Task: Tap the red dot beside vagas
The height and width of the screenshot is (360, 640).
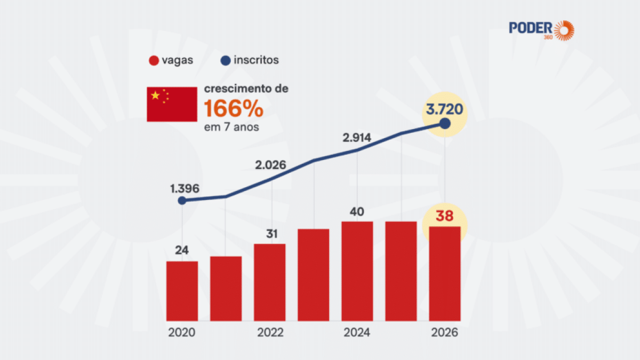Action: click(153, 60)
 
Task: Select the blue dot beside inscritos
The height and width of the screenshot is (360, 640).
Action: click(225, 60)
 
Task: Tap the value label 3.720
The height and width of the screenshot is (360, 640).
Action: click(444, 110)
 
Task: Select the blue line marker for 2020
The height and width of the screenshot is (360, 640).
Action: click(182, 201)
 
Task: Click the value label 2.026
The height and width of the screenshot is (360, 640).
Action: click(271, 165)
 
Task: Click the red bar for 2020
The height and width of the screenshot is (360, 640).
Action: click(182, 291)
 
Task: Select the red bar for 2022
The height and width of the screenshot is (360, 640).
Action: click(270, 283)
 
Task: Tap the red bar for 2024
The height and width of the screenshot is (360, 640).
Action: click(357, 271)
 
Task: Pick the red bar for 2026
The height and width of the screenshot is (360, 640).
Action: click(445, 274)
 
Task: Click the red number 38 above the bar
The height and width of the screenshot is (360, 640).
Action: click(444, 217)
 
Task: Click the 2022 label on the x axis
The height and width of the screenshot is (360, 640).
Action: click(270, 333)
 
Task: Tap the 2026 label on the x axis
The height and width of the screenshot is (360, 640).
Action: click(444, 333)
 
